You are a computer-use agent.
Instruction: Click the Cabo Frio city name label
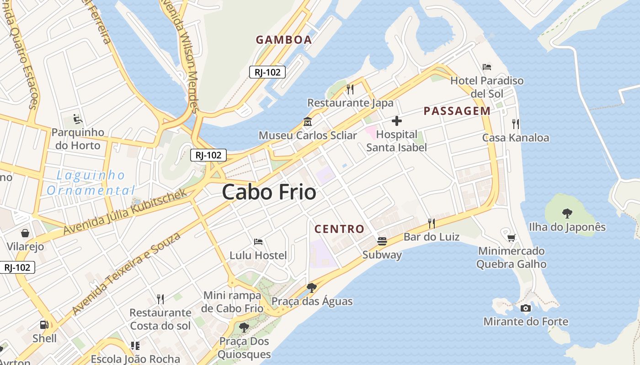pos(269,192)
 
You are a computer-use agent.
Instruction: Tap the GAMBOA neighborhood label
pos(283,40)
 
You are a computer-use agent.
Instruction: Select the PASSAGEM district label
pos(457,111)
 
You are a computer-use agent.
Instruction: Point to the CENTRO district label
pos(339,229)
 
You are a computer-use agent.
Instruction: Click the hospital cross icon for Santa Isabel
pos(396,121)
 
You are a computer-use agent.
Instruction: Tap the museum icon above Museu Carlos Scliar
pos(307,122)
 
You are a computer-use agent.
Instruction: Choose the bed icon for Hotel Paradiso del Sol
pos(487,67)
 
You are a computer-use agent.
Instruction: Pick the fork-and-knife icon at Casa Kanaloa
pos(516,124)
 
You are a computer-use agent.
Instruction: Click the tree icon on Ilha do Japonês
pos(567,213)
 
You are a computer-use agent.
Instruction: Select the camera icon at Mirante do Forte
pos(526,308)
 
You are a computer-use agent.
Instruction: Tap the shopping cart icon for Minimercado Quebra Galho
pos(511,237)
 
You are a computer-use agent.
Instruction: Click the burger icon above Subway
pos(382,241)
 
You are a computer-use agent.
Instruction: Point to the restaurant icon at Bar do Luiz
pos(431,223)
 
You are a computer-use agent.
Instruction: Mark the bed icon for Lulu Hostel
pos(258,241)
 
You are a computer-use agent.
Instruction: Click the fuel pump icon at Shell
pos(44,325)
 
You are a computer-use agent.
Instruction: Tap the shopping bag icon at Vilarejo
pos(25,233)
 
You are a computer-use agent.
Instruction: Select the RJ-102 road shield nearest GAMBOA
pos(267,72)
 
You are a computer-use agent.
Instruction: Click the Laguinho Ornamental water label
pos(91,182)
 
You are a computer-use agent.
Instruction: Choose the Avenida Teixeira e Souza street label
pos(126,273)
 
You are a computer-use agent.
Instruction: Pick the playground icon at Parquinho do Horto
pos(78,119)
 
